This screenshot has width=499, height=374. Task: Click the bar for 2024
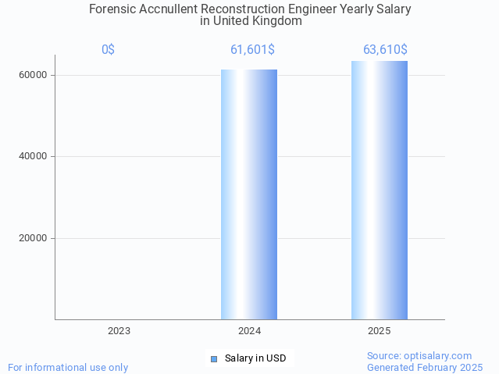click(249, 194)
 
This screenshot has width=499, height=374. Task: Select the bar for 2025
click(379, 191)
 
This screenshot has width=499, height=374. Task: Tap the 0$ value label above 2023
click(108, 50)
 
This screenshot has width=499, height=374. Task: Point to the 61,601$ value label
click(252, 50)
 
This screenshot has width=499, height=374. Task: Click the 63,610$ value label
click(385, 50)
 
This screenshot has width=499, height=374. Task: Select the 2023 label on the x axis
click(119, 331)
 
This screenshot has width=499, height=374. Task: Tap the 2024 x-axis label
click(249, 331)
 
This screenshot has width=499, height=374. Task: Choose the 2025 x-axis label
click(379, 331)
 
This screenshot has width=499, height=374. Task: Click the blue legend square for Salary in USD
click(214, 359)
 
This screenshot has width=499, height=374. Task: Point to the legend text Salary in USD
click(255, 359)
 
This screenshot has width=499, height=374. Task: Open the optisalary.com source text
click(419, 355)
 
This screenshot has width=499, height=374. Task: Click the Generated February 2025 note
click(425, 367)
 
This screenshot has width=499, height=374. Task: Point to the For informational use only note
click(68, 367)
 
